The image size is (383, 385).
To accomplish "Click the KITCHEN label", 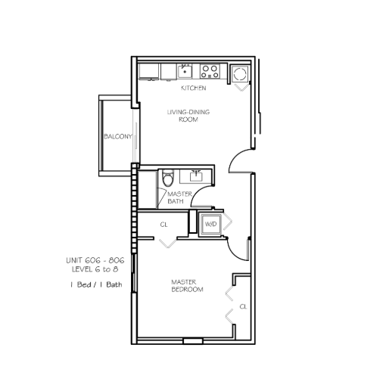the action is [194, 88].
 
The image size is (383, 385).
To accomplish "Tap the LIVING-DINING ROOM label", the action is [188, 116].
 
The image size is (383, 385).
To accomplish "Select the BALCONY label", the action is [118, 136].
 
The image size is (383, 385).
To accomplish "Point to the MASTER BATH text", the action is [179, 197].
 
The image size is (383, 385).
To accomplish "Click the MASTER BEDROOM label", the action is [187, 285].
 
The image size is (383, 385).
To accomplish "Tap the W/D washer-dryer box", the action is [210, 224].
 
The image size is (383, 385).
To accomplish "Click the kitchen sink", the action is [185, 71].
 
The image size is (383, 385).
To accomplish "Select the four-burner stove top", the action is [210, 71].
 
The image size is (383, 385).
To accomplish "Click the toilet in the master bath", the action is [168, 178].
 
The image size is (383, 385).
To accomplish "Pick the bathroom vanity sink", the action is [196, 175].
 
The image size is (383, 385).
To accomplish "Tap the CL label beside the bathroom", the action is [163, 225].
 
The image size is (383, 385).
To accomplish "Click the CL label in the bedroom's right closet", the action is [243, 306].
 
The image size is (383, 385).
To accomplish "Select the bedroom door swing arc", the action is [234, 253].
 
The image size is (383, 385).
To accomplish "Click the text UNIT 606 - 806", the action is [95, 260].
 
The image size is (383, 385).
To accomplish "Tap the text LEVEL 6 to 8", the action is [95, 269].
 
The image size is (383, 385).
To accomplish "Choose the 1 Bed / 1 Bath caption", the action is [96, 284].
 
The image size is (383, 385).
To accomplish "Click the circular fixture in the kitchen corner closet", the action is [239, 74].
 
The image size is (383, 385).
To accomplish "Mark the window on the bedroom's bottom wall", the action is [193, 341].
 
